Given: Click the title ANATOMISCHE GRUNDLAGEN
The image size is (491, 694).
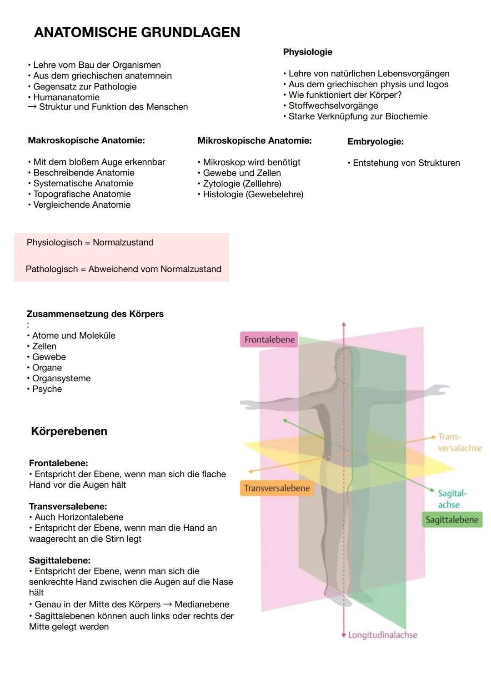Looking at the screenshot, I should [137, 33].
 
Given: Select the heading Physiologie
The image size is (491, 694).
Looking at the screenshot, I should [307, 52].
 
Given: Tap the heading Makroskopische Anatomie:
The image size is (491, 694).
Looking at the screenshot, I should [86, 140].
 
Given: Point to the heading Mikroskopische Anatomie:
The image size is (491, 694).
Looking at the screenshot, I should [254, 141].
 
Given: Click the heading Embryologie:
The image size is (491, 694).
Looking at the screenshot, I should [375, 141].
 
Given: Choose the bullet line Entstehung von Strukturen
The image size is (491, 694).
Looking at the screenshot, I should [406, 163].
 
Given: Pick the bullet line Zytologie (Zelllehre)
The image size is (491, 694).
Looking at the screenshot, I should [242, 184].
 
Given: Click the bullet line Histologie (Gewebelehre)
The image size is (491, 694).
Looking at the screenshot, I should [253, 195].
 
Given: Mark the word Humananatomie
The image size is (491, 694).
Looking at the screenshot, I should [66, 97].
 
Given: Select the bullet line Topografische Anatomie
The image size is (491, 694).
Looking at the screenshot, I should [82, 194].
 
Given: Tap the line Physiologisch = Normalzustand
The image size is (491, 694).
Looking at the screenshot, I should [90, 242].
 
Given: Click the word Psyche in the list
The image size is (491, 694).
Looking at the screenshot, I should [47, 389].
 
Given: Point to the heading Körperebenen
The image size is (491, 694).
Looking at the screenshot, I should [69, 431].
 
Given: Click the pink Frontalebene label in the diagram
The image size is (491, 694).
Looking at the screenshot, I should [269, 340].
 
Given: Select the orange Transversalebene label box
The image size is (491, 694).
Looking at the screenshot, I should [276, 488].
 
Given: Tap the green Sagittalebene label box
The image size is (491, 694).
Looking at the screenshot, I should [451, 519].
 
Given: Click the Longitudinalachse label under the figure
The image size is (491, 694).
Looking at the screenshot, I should [382, 635].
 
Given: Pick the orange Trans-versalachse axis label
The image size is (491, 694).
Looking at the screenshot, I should [459, 442].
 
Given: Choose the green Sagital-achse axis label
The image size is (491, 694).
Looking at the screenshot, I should [452, 499].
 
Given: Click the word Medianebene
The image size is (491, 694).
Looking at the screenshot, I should [202, 604].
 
